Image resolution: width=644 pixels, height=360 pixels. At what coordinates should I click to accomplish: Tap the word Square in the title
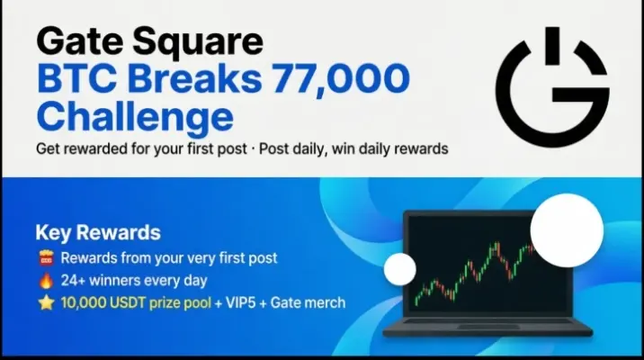pyautogui.click(x=198, y=42)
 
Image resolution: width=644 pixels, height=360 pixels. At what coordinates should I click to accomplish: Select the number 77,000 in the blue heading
pyautogui.click(x=341, y=78)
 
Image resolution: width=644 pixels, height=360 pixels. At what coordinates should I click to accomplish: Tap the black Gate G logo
pyautogui.click(x=553, y=87)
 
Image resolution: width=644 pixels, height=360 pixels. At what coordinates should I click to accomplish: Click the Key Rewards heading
pyautogui.click(x=98, y=232)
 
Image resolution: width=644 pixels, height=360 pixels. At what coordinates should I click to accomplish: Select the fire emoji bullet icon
pyautogui.click(x=46, y=281)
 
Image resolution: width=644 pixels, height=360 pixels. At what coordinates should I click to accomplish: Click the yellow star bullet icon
pyautogui.click(x=46, y=303)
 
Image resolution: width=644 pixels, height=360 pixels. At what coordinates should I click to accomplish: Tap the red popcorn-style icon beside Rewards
pyautogui.click(x=46, y=258)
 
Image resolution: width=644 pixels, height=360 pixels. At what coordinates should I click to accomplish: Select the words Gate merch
pyautogui.click(x=308, y=303)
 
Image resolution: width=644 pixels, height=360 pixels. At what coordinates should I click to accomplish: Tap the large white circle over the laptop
pyautogui.click(x=567, y=230)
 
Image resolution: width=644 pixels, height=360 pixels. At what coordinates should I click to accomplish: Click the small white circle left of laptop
pyautogui.click(x=400, y=269)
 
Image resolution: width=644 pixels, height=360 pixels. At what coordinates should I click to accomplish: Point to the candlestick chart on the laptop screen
pyautogui.click(x=475, y=271)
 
